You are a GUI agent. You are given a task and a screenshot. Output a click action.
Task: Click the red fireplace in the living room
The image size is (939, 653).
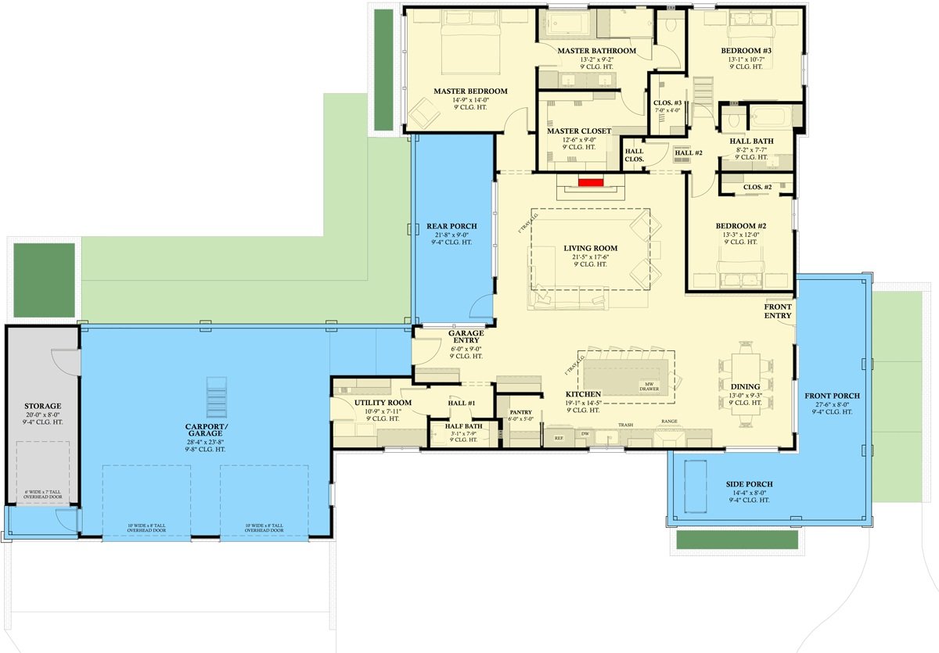pyautogui.click(x=591, y=181)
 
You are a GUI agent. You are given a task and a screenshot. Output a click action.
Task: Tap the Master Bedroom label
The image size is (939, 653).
pyautogui.click(x=470, y=91)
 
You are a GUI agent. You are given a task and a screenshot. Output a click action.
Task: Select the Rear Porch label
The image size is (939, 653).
pyautogui.click(x=452, y=226)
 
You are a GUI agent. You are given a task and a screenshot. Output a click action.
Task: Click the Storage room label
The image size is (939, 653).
pyautogui.click(x=43, y=406)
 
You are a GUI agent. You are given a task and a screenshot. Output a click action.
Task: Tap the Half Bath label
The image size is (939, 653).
pyautogui.click(x=462, y=425)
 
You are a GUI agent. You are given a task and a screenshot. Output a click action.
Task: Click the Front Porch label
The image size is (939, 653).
pyautogui.click(x=832, y=396)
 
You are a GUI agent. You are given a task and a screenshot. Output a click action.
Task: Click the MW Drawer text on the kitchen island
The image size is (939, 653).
pyautogui.click(x=649, y=385)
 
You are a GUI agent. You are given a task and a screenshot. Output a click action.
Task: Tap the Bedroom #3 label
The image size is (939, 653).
pyautogui.click(x=746, y=52)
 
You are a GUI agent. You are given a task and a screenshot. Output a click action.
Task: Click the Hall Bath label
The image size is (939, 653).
pyautogui.click(x=751, y=141)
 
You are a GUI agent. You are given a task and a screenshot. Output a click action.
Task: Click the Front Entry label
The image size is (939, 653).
pyautogui.click(x=778, y=311)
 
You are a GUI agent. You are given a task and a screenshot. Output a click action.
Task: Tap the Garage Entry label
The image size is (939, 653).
pyautogui.click(x=465, y=337)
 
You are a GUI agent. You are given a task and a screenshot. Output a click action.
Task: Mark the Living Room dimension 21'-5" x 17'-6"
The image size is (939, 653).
pyautogui.click(x=590, y=257)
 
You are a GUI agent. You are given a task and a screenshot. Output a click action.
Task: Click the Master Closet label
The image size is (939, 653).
pyautogui.click(x=579, y=131)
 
